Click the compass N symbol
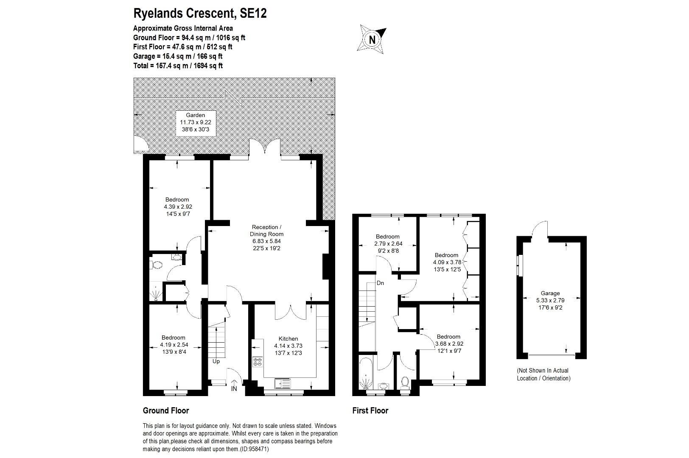(x=372, y=39)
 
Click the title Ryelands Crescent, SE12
(x=200, y=14)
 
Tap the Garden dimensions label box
(x=195, y=123)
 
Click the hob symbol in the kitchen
(x=258, y=362)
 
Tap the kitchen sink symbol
(x=283, y=384)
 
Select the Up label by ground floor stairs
(x=216, y=362)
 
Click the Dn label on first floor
(x=380, y=283)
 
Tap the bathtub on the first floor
(x=366, y=373)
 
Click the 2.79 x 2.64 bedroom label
(x=387, y=243)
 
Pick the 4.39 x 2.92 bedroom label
(x=177, y=207)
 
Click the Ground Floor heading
(x=166, y=411)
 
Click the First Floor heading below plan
(x=370, y=411)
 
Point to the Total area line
(x=178, y=66)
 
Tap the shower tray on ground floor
(x=157, y=293)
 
